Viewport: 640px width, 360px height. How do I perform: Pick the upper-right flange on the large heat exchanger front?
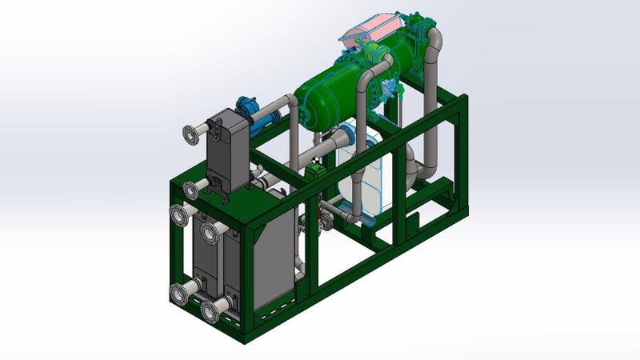(210, 233)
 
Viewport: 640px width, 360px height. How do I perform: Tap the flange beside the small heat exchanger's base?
(190, 190)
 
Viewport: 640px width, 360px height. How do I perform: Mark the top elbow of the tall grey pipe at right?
(435, 40)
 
